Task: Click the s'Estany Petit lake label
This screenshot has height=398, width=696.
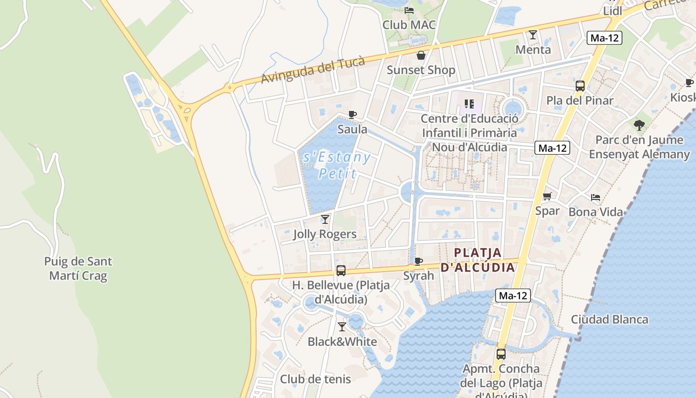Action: pyautogui.click(x=337, y=165)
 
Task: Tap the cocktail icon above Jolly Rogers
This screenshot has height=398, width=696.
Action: pyautogui.click(x=325, y=219)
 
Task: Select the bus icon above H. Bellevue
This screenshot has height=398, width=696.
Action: pyautogui.click(x=341, y=271)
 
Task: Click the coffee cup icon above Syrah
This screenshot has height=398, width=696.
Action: pyautogui.click(x=419, y=261)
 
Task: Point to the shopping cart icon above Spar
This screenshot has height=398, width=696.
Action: pyautogui.click(x=547, y=196)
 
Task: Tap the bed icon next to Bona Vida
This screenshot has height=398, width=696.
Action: pyautogui.click(x=596, y=198)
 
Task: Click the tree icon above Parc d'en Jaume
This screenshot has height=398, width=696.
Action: pyautogui.click(x=639, y=125)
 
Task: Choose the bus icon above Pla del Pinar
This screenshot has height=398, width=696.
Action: pyautogui.click(x=580, y=86)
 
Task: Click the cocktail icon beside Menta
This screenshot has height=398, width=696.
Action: pyautogui.click(x=533, y=35)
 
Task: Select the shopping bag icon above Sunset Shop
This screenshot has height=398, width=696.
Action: pyautogui.click(x=421, y=55)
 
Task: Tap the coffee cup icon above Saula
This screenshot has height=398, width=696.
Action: pyautogui.click(x=352, y=115)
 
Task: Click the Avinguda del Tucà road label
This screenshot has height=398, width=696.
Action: pyautogui.click(x=313, y=70)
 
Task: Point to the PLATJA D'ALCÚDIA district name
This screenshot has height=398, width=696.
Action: pyautogui.click(x=478, y=260)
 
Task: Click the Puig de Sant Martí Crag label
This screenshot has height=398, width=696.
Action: pyautogui.click(x=78, y=268)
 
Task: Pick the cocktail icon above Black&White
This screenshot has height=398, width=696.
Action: pyautogui.click(x=342, y=327)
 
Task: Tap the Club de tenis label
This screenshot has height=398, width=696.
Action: pyautogui.click(x=315, y=379)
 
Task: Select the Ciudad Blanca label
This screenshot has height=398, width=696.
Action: pyautogui.click(x=609, y=319)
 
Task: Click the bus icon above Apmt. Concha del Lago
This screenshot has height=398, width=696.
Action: pyautogui.click(x=501, y=354)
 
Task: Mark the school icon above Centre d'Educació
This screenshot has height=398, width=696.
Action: pyautogui.click(x=469, y=104)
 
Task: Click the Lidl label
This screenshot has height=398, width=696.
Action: pyautogui.click(x=612, y=11)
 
